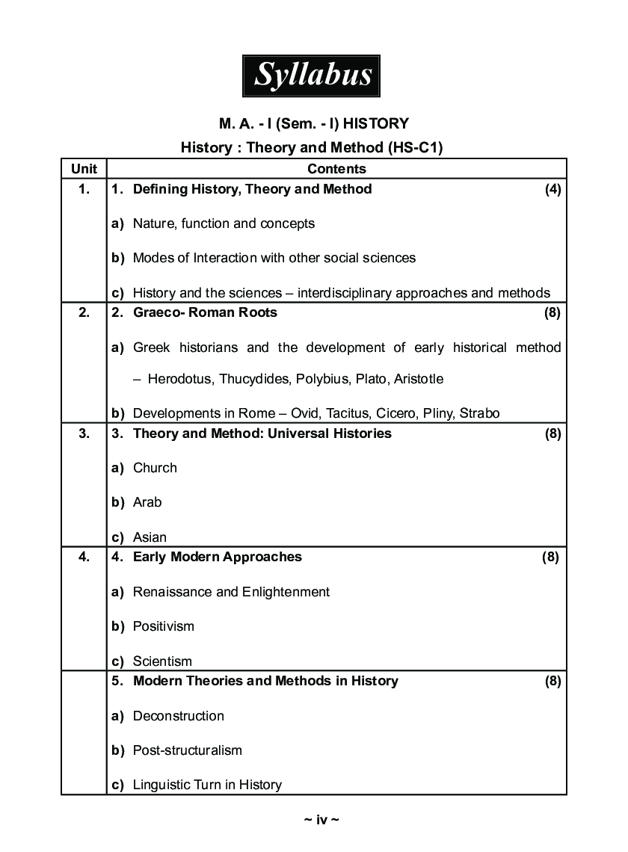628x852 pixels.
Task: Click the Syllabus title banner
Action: click(x=312, y=75)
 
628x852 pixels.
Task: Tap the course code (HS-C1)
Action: click(x=415, y=148)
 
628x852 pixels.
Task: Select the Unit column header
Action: click(x=84, y=169)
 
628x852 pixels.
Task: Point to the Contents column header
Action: click(x=336, y=169)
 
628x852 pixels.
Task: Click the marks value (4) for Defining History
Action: click(x=552, y=189)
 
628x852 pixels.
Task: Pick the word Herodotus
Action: click(x=179, y=379)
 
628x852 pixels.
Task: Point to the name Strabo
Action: click(x=479, y=413)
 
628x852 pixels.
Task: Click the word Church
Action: click(x=155, y=468)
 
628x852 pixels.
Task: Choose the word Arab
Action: click(x=147, y=502)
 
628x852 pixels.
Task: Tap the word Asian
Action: click(x=150, y=537)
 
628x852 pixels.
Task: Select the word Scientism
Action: click(x=162, y=661)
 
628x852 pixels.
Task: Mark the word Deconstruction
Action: click(x=178, y=716)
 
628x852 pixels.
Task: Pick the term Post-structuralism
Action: click(x=187, y=750)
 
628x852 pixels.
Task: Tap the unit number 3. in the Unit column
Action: click(x=84, y=433)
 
